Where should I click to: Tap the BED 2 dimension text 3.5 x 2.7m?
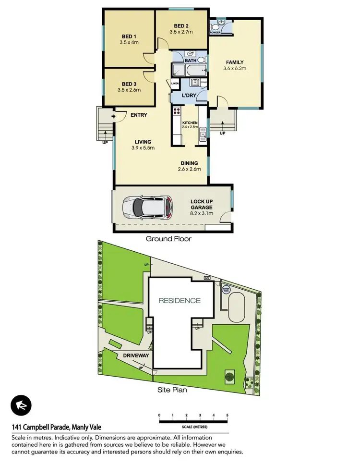[181, 32]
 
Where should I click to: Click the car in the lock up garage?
[147, 207]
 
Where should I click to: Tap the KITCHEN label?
[190, 123]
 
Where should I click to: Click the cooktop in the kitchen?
[176, 112]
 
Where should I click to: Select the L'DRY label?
[190, 95]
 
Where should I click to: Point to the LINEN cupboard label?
[175, 84]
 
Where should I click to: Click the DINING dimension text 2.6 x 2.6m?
[189, 169]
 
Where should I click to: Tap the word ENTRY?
[138, 115]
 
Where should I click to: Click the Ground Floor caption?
[168, 239]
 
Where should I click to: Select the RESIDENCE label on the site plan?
[180, 301]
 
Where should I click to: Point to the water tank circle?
[225, 290]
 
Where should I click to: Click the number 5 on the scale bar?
[227, 415]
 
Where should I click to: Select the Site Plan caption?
[172, 390]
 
